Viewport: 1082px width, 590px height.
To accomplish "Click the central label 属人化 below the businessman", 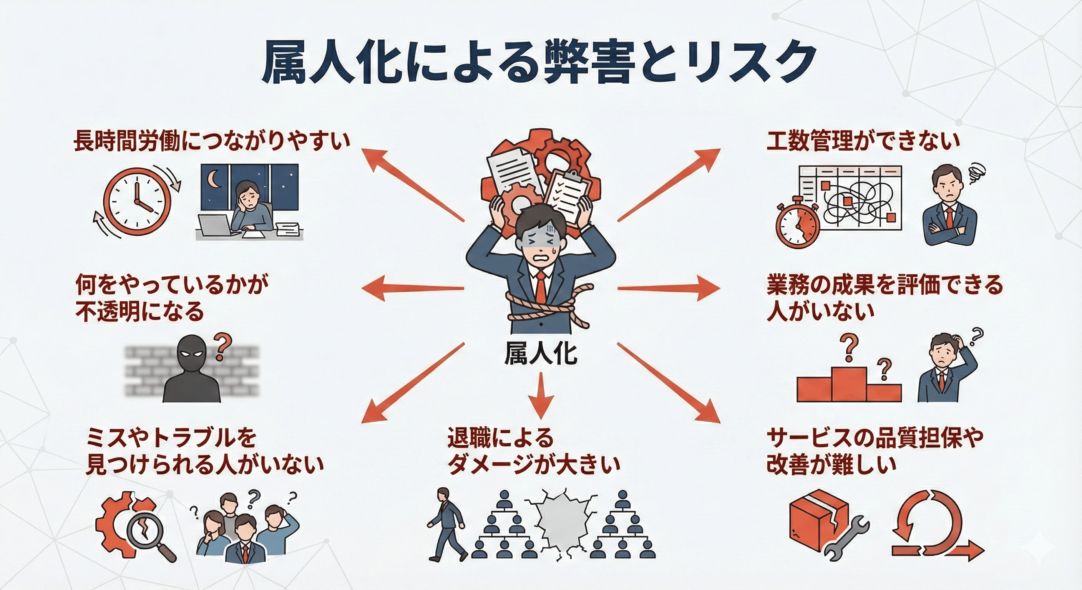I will [x=540, y=354].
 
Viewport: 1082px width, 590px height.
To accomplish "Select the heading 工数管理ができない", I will [x=863, y=141].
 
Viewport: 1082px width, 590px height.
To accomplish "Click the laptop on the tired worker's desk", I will [x=215, y=225].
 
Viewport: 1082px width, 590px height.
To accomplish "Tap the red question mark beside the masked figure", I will [x=222, y=346].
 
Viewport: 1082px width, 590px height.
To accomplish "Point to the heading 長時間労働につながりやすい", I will [x=212, y=141].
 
